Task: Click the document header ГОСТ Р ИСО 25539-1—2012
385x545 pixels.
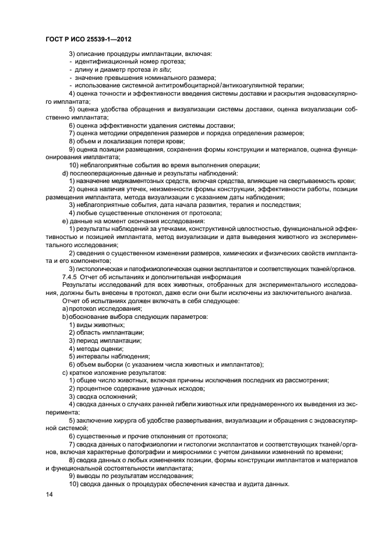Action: [x=87, y=40]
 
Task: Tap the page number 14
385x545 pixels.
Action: [x=49, y=494]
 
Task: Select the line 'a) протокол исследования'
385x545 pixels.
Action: [x=97, y=308]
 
